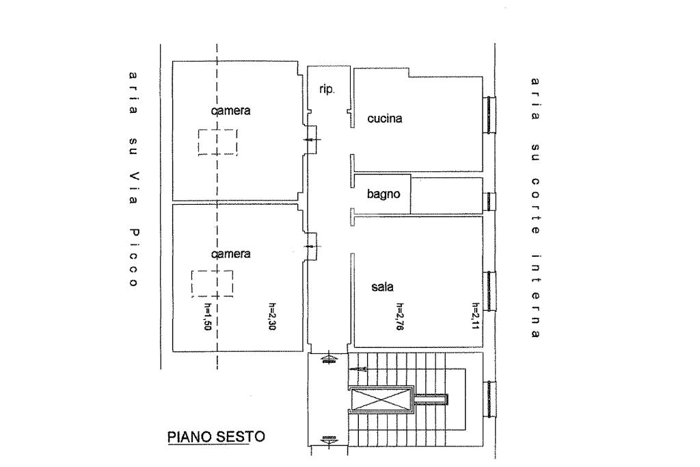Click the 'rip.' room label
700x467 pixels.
327,90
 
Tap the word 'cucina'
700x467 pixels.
384,118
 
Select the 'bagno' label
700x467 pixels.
383,194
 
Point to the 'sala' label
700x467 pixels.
383,287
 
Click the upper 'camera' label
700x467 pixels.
231,110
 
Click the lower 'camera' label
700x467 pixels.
231,253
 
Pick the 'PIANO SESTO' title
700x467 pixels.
216,437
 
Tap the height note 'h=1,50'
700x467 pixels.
206,317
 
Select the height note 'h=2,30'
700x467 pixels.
272,317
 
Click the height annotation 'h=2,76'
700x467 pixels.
400,317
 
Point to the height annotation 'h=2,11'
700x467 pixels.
476,317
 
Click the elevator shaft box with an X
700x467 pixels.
381,399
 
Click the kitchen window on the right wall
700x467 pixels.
491,114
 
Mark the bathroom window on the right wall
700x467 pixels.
491,201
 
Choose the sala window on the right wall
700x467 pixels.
491,291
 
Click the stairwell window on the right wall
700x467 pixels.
491,400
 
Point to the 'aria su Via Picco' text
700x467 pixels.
133,179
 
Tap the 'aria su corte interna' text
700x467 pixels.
535,208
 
